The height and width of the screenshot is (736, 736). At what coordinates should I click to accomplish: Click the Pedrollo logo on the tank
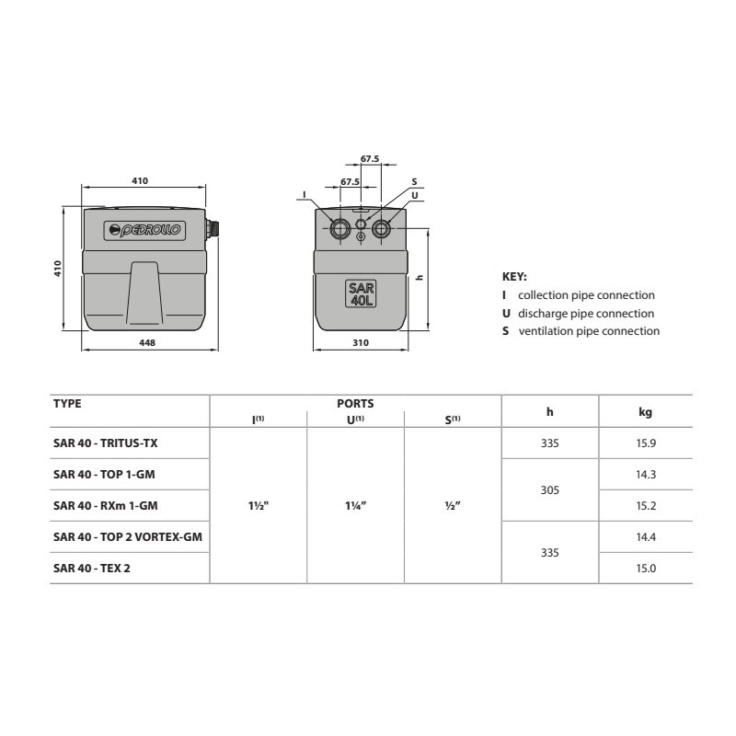pyautogui.click(x=144, y=230)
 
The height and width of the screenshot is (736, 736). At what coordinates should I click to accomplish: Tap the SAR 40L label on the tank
pyautogui.click(x=361, y=293)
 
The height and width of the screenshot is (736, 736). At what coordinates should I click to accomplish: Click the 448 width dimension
pyautogui.click(x=147, y=342)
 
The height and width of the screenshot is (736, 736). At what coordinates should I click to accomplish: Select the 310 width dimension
pyautogui.click(x=361, y=342)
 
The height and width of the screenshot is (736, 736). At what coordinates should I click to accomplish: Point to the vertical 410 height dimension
pyautogui.click(x=57, y=269)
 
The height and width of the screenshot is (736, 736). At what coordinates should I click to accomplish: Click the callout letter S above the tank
pyautogui.click(x=415, y=181)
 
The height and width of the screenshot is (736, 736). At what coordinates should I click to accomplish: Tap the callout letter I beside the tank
pyautogui.click(x=305, y=194)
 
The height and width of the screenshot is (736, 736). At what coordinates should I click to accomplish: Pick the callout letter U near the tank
pyautogui.click(x=415, y=195)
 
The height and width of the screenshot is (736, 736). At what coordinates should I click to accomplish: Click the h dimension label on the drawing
pyautogui.click(x=420, y=278)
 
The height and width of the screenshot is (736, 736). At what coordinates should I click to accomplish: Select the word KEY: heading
pyautogui.click(x=514, y=277)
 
